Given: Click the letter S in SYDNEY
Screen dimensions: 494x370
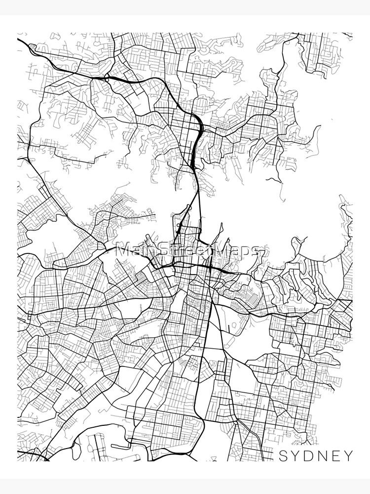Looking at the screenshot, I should [x=283, y=455].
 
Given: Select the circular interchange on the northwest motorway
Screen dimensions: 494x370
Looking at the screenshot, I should [x=107, y=79].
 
